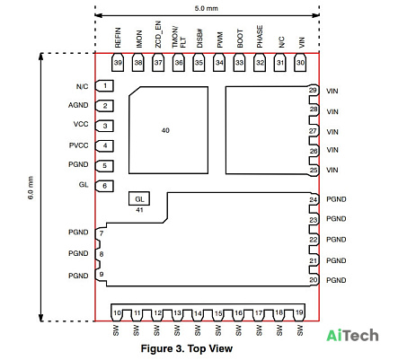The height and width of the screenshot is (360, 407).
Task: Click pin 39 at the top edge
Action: (x=118, y=63)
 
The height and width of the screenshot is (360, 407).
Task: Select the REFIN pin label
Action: (x=118, y=38)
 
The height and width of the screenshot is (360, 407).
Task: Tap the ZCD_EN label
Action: (x=158, y=34)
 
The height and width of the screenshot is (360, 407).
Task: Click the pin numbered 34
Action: (x=219, y=63)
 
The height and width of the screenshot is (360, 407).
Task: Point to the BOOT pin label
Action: (x=240, y=39)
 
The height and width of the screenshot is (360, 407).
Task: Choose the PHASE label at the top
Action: (x=260, y=37)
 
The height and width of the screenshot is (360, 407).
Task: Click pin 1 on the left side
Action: (x=104, y=86)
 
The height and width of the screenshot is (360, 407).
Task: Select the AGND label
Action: (x=78, y=105)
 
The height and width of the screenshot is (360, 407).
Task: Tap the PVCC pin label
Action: (x=79, y=145)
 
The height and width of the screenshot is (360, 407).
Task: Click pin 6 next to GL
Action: (x=104, y=186)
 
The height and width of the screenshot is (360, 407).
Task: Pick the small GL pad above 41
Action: (x=139, y=198)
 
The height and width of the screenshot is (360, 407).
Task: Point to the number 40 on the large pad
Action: (x=165, y=130)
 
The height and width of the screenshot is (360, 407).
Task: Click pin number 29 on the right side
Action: (x=313, y=90)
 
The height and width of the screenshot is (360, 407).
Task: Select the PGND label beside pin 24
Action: (x=336, y=199)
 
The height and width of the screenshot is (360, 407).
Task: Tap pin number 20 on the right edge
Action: (x=314, y=280)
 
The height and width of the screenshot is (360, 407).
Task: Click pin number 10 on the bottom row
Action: (x=117, y=313)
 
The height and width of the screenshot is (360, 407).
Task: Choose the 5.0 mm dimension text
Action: (x=207, y=8)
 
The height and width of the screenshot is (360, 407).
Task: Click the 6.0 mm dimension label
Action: (x=31, y=188)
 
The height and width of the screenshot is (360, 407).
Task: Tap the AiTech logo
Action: (x=352, y=336)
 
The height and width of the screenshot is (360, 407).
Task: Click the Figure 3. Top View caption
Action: (x=187, y=349)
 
